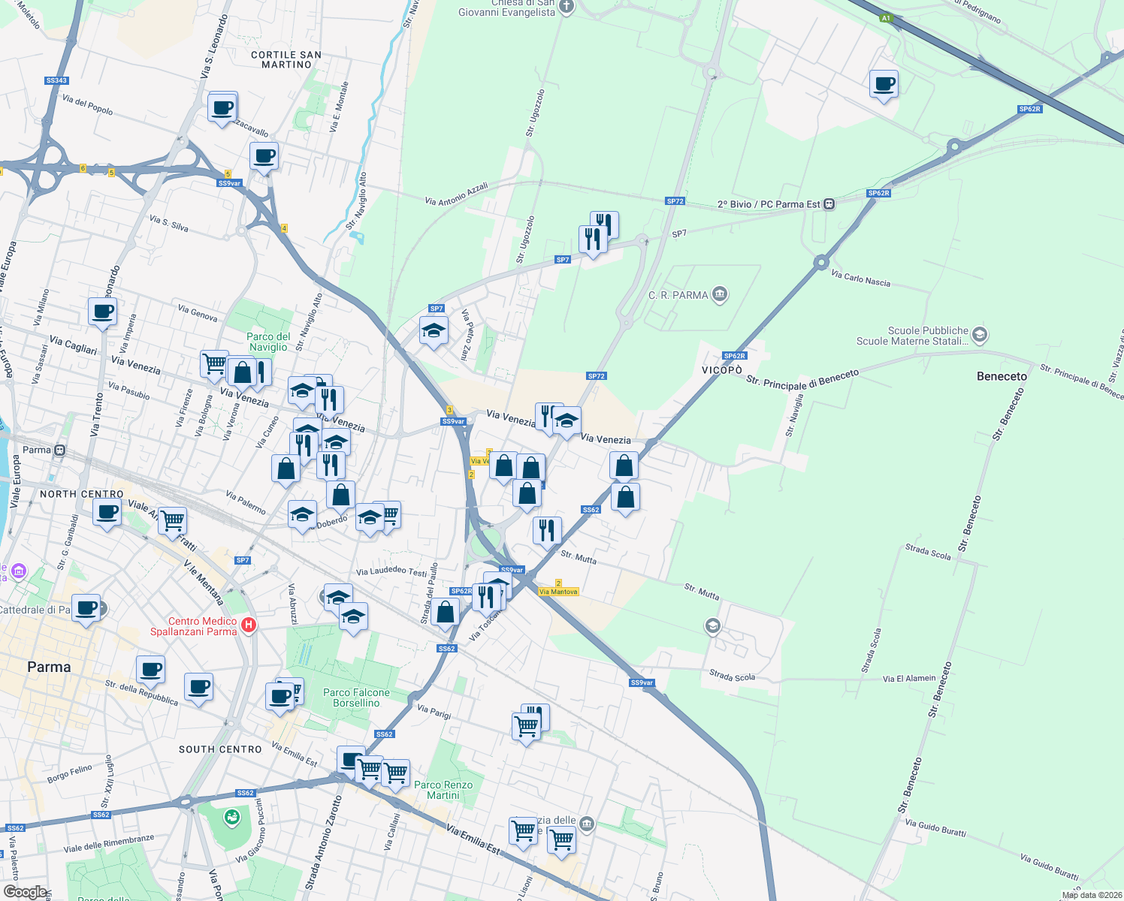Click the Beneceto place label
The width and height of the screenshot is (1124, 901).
tap(1001, 376)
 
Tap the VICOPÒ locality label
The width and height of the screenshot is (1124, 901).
tap(721, 370)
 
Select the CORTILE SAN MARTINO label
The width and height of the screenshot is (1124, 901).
tap(286, 60)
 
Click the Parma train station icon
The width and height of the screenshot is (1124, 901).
tap(59, 450)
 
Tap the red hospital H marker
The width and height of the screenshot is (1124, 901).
tap(249, 625)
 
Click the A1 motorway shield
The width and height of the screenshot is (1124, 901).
tap(886, 18)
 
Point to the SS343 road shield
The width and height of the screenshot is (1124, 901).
tap(56, 80)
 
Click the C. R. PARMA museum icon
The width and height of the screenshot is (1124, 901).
tap(720, 294)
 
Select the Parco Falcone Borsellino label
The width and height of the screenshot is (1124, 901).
tap(356, 698)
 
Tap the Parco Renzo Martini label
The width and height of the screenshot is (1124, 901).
tap(443, 790)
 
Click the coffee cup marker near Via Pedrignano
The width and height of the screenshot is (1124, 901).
tap(884, 84)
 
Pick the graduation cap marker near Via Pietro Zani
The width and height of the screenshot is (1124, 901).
tap(434, 331)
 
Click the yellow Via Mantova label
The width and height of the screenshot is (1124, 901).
tap(558, 592)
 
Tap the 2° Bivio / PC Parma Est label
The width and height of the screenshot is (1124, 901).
tap(769, 204)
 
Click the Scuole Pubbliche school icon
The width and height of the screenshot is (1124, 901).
tap(979, 335)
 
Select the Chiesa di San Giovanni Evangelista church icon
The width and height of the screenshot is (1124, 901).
tap(567, 8)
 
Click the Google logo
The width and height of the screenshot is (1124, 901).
tap(25, 891)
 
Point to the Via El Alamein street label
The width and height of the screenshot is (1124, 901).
tap(909, 679)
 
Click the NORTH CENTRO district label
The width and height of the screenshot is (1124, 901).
tap(81, 494)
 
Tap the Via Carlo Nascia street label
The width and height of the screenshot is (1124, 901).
tap(860, 279)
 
